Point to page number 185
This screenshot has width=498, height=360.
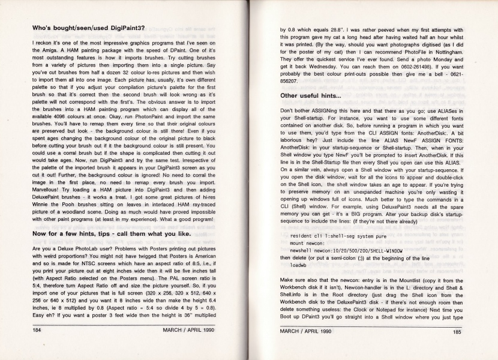(457, 331)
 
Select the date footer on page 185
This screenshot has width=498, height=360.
(306, 331)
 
